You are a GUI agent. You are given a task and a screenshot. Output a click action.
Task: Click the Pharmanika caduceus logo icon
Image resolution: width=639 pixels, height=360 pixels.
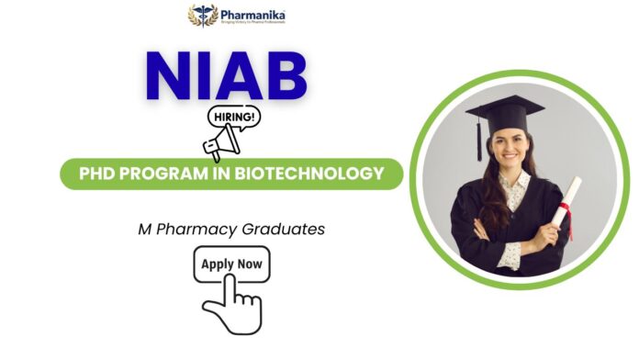pyautogui.click(x=203, y=16)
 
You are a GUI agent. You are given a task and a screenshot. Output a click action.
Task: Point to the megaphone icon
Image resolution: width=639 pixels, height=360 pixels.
pyautogui.click(x=222, y=144)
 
